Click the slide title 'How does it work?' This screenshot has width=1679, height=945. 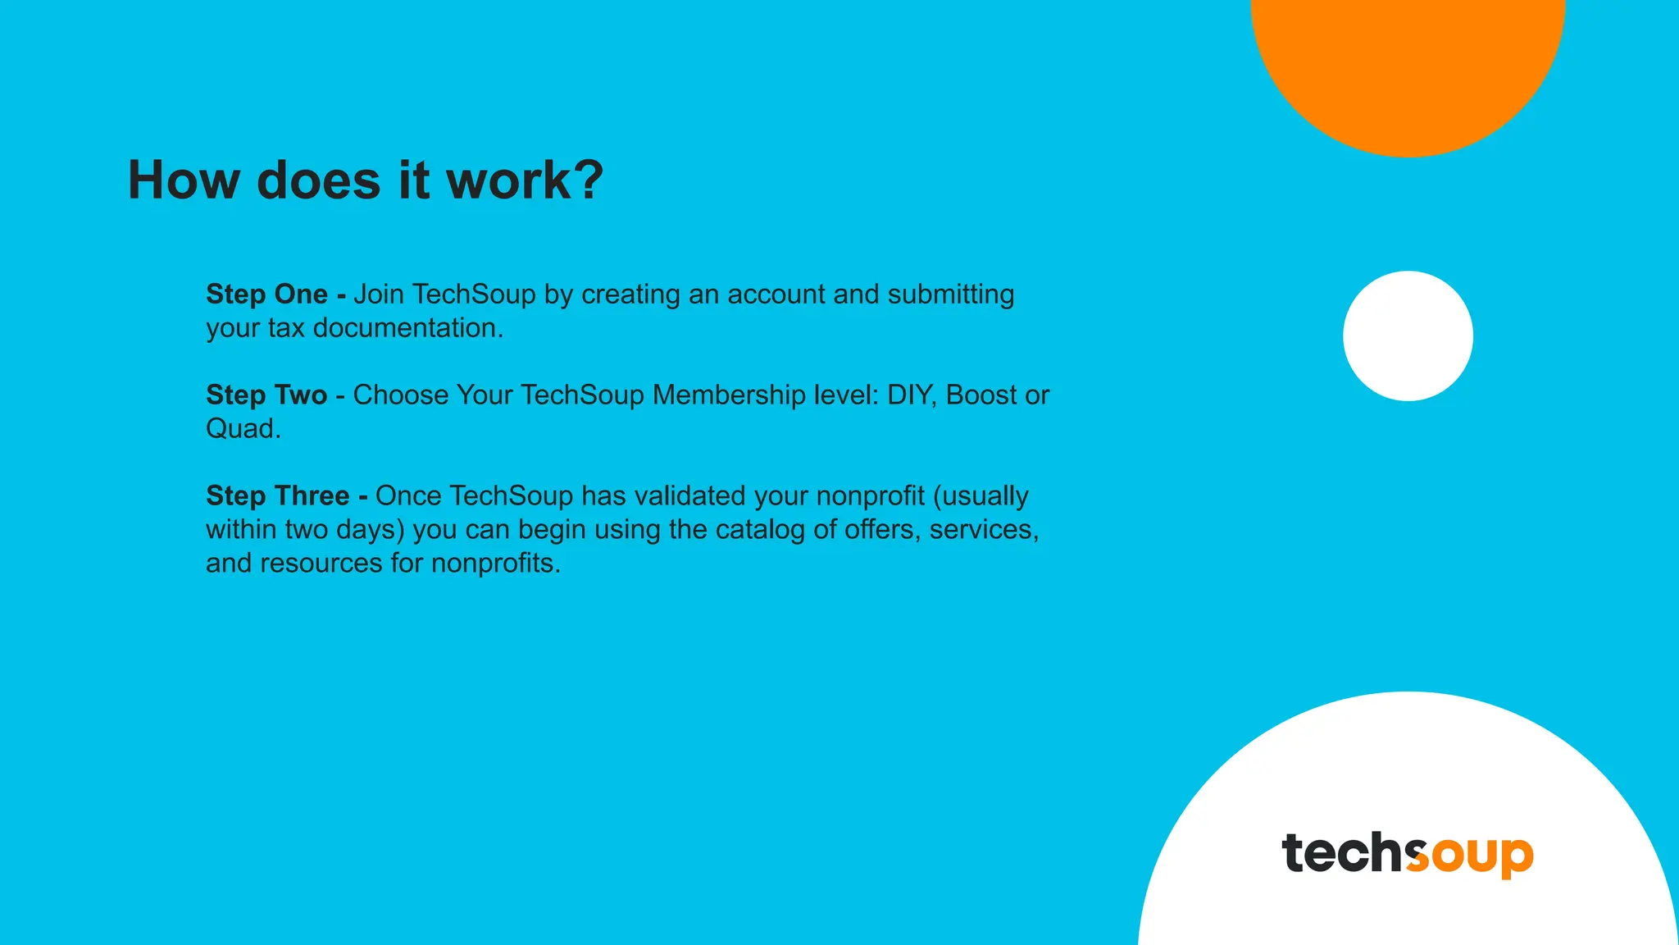[366, 180]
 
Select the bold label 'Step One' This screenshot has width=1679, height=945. [266, 294]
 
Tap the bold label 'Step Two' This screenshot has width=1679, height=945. [266, 395]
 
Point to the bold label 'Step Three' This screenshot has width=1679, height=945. [277, 495]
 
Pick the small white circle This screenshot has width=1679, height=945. [1408, 336]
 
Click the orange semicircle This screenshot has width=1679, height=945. [1408, 66]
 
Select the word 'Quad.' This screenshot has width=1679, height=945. [243, 428]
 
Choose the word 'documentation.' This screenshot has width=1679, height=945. [408, 327]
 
